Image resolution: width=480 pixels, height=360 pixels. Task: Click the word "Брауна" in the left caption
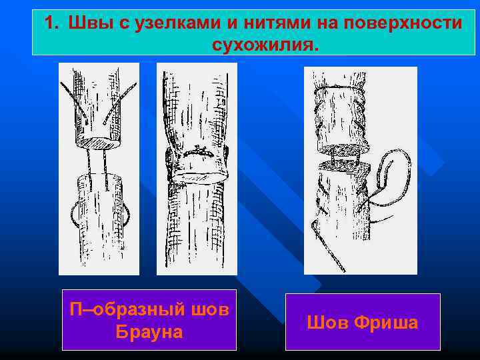(x=149, y=331)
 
